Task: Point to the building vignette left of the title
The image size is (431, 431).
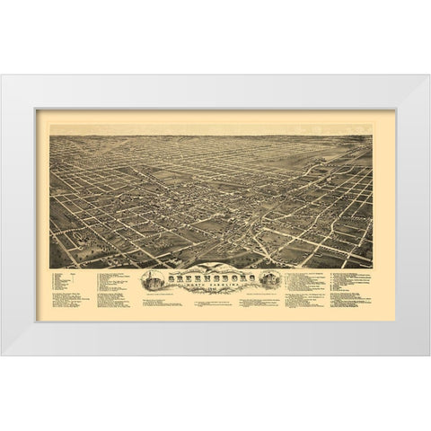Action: pos(150,279)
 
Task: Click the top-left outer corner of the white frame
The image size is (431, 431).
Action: pos(3,75)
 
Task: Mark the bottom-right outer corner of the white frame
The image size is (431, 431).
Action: pos(428,355)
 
